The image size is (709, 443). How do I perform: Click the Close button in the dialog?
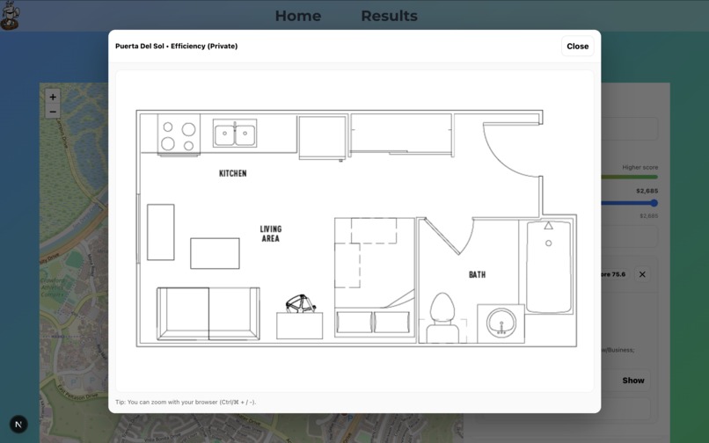pyautogui.click(x=577, y=47)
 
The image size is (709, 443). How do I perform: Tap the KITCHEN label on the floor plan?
pyautogui.click(x=233, y=173)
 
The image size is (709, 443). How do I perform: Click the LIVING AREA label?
pyautogui.click(x=270, y=234)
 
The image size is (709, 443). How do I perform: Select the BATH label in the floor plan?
pyautogui.click(x=477, y=275)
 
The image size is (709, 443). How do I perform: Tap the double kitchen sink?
pyautogui.click(x=235, y=134)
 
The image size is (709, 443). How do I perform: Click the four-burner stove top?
pyautogui.click(x=178, y=135)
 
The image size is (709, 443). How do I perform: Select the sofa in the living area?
pyautogui.click(x=208, y=312)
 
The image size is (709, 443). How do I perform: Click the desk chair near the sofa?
pyautogui.click(x=300, y=304)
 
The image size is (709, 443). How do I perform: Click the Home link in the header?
pyautogui.click(x=297, y=16)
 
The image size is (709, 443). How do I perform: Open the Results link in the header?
pyautogui.click(x=389, y=16)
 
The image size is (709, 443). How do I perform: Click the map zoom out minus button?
pyautogui.click(x=53, y=112)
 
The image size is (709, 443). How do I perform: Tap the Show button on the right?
pyautogui.click(x=633, y=381)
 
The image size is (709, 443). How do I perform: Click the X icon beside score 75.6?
pyautogui.click(x=642, y=274)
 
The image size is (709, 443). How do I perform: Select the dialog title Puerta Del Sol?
pyautogui.click(x=176, y=46)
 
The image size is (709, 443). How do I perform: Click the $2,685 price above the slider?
pyautogui.click(x=647, y=191)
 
